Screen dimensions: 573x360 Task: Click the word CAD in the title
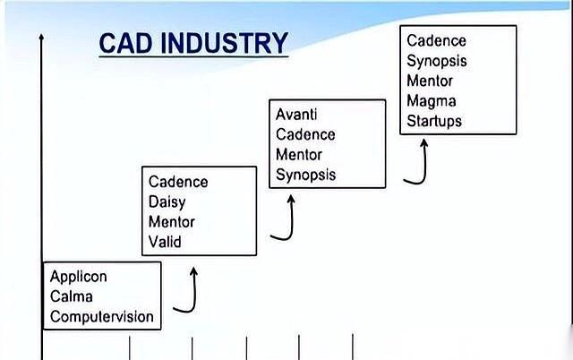pos(124,44)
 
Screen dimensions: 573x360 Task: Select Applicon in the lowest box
pos(79,278)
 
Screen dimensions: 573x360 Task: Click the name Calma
pos(71,297)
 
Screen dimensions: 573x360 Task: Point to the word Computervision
pos(101,317)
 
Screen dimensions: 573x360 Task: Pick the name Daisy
pos(167,201)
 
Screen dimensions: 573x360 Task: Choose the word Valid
pos(165,241)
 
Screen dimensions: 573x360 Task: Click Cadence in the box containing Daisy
pos(178,182)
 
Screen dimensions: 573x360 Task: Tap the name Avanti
pos(296,115)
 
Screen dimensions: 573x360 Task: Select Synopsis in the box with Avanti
pos(305,174)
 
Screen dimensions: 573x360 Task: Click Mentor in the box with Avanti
pos(299,154)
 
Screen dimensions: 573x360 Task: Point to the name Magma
pos(431,100)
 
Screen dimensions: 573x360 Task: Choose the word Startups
pos(434,120)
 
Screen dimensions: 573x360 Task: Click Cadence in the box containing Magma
pos(436,41)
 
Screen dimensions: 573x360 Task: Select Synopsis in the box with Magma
pos(437,61)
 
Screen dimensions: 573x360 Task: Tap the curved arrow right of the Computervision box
pos(187,292)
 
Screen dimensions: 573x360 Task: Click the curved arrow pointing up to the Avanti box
pos(284,219)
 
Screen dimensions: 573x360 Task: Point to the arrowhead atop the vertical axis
pos(41,39)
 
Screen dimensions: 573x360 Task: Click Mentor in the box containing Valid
pos(171,221)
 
